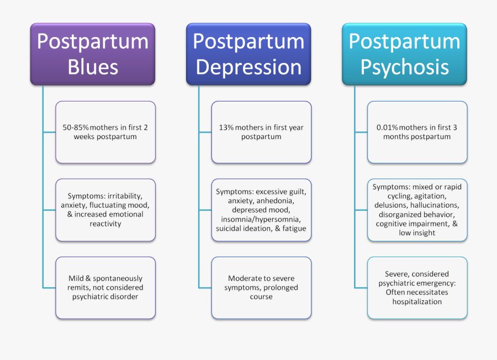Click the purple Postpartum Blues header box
pos(92,54)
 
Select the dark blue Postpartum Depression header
pos(248,54)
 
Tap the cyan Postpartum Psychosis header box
pos(404,54)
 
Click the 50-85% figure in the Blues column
pos(75,128)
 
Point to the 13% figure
pos(226,128)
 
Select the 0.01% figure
pos(387,128)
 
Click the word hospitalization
pos(417,301)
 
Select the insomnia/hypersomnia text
pos(261,219)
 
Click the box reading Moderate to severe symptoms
pos(261,288)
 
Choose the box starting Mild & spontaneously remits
pos(105,288)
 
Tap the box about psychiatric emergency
pos(417,288)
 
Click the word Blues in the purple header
pos(93,67)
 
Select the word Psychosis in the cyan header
pos(404,67)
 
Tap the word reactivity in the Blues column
pos(105,224)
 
